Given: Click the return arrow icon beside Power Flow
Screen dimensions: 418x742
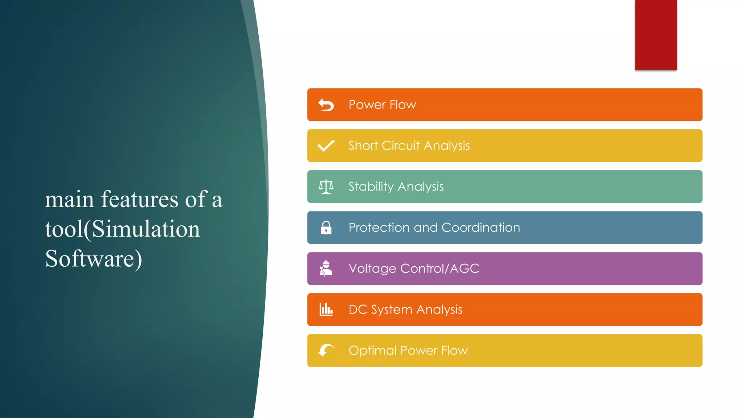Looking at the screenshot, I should pos(326,105).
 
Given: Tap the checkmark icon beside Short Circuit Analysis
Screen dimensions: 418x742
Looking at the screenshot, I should pos(326,146).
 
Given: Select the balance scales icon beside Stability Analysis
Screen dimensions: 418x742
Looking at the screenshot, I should pos(326,187).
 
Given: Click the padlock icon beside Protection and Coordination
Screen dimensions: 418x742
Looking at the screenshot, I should pos(326,228).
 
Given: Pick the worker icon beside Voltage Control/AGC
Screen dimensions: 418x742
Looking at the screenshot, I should pos(326,269).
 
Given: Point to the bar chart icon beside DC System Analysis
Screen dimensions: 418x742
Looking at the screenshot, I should pos(326,310).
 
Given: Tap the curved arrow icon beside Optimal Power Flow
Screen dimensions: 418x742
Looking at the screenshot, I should pos(326,350).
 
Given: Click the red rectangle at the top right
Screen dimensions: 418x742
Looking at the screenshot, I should pos(656,34).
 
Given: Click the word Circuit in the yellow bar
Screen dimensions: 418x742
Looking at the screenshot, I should pos(401,146).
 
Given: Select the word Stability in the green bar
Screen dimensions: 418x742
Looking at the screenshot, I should pos(371,187).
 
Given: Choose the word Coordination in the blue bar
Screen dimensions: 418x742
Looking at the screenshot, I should pos(480,228).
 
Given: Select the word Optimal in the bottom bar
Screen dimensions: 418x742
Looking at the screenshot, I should pos(372,351).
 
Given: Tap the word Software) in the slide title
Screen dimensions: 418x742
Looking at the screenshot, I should pos(93,259).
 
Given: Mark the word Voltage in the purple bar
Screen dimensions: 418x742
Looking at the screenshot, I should pos(372,269).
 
